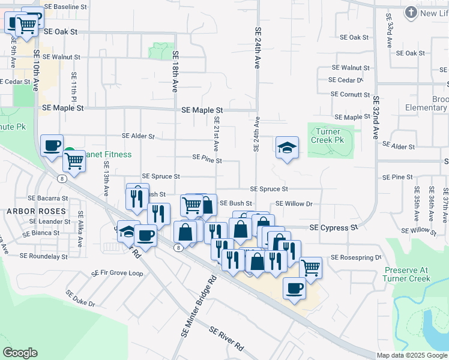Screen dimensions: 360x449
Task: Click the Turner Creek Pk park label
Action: (x=327, y=136)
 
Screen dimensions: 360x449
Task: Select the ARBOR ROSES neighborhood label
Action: (x=36, y=211)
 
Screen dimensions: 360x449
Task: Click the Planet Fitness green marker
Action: (x=70, y=154)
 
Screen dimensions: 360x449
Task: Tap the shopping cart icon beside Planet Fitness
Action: (x=74, y=160)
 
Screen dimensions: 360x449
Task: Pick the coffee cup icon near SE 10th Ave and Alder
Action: (x=52, y=145)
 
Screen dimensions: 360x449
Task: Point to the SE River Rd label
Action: (x=226, y=338)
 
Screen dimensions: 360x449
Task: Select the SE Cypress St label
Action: (x=333, y=228)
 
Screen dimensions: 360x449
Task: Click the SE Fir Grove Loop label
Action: (x=117, y=273)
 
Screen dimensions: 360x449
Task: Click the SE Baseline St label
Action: (x=66, y=7)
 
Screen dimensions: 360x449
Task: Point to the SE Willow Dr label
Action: (x=294, y=204)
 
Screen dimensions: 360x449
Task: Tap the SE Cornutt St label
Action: (x=351, y=94)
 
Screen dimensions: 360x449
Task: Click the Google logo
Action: (x=20, y=353)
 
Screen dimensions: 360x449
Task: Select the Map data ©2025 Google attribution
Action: (x=412, y=355)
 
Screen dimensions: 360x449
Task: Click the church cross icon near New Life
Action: (x=411, y=12)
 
